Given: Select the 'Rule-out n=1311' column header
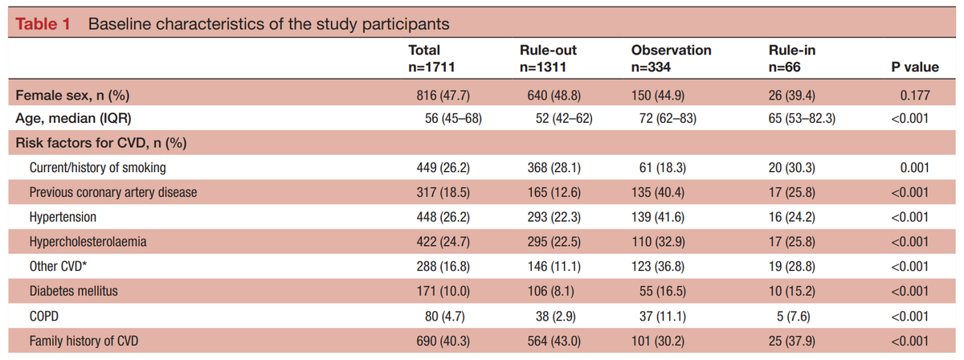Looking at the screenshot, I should (x=549, y=59).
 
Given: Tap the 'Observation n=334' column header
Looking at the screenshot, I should (x=671, y=59).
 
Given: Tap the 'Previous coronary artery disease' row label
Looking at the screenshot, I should (x=113, y=193).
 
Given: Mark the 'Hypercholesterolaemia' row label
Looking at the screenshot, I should (x=88, y=241).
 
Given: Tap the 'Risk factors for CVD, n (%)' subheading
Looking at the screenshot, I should (x=97, y=144).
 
